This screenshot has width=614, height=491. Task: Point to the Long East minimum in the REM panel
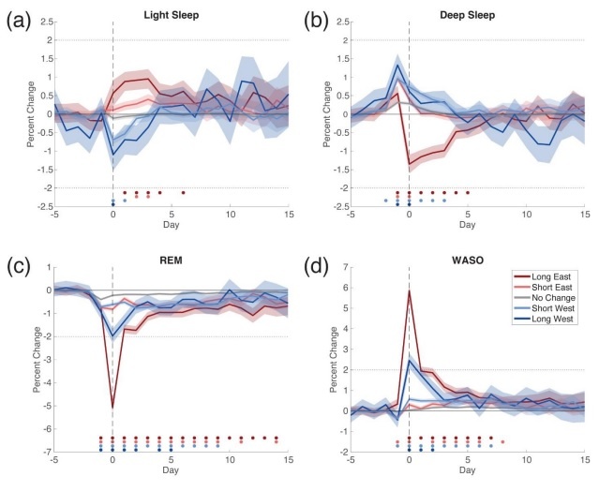pyautogui.click(x=112, y=408)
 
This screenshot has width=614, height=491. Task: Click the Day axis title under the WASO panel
pyautogui.click(x=466, y=473)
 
